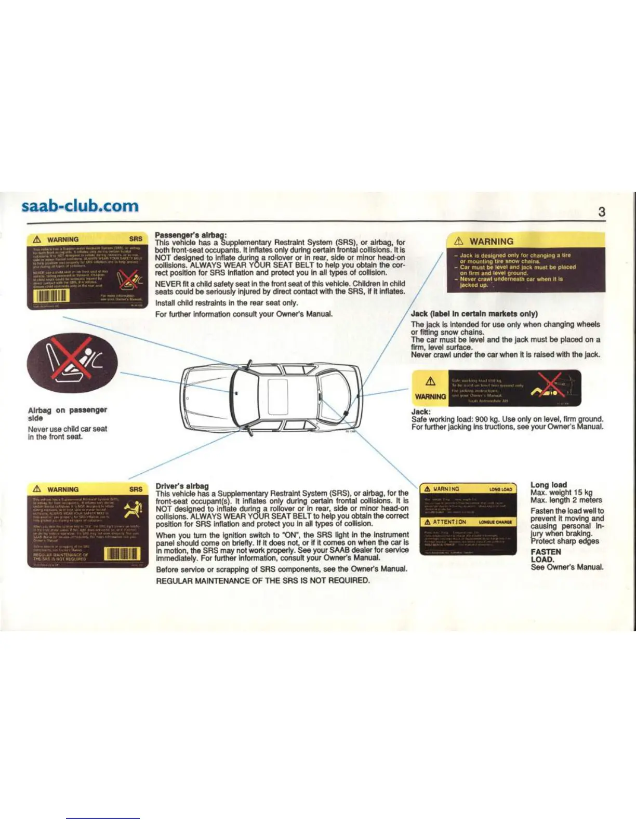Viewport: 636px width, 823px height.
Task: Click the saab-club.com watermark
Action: pos(81,206)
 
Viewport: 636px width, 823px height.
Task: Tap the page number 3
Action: pos(602,211)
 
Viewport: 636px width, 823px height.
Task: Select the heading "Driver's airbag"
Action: pos(182,486)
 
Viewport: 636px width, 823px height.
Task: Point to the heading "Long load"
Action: pos(549,484)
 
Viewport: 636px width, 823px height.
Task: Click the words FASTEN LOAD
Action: pos(545,555)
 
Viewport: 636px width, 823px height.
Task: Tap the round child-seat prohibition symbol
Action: pos(74,360)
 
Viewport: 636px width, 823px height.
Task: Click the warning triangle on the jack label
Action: pos(430,382)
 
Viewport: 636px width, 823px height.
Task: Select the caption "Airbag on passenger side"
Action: pos(67,414)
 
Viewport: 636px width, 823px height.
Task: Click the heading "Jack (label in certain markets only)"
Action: pos(474,313)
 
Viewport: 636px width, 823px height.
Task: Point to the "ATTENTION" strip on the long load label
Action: pos(468,522)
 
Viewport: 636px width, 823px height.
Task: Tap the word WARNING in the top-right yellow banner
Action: pos(491,241)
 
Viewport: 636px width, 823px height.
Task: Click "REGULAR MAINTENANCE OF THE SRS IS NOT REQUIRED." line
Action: pos(263,580)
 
